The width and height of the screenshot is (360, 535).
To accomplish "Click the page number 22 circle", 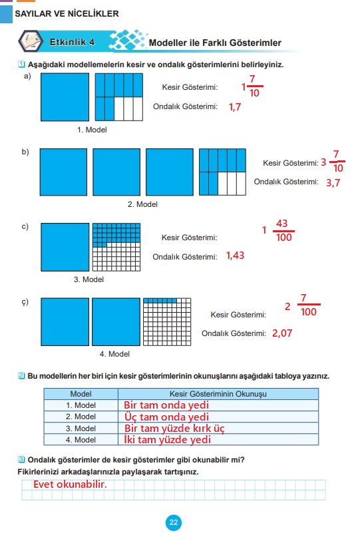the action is (x=174, y=522).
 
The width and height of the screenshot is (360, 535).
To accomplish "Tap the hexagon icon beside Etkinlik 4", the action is (x=31, y=41).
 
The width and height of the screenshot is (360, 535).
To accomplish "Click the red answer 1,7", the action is (x=235, y=107).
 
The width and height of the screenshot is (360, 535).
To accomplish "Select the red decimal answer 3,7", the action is (x=333, y=183).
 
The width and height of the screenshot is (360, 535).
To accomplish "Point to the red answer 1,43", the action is (x=235, y=256).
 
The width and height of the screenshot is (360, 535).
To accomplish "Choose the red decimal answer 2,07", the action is (x=282, y=333).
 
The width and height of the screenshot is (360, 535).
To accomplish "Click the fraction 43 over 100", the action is (x=283, y=230).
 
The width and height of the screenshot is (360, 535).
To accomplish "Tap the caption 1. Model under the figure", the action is (x=92, y=130).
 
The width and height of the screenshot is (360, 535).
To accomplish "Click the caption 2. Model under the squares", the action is (x=142, y=204).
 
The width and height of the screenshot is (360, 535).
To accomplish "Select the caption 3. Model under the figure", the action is (x=89, y=279).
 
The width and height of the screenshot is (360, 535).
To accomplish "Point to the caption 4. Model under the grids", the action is (x=114, y=354).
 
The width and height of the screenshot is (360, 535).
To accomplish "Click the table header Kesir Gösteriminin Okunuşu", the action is (x=218, y=394).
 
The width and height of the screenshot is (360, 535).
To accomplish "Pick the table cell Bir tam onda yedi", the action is (x=166, y=405).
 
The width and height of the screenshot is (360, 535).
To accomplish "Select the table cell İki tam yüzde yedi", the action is (x=167, y=439).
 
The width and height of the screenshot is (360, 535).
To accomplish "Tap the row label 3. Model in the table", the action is (x=81, y=429).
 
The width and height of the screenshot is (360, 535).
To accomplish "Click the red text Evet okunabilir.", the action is (x=70, y=484).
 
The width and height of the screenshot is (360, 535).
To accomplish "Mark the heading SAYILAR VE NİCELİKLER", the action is (x=67, y=14).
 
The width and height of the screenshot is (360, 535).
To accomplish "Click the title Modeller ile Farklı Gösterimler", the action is (x=215, y=43).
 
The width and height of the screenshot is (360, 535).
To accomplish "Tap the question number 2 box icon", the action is (x=21, y=376).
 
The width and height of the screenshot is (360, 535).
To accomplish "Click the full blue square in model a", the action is (x=65, y=97).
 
